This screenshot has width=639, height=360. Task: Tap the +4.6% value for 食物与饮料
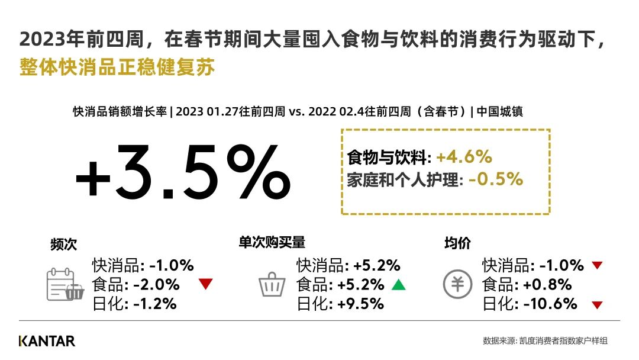click(464, 157)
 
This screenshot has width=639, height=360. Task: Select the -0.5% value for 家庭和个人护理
click(496, 179)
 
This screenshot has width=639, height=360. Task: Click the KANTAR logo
click(47, 341)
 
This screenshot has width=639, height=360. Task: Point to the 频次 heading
click(63, 244)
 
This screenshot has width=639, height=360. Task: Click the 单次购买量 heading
click(272, 243)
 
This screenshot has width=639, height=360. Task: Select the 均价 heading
click(457, 243)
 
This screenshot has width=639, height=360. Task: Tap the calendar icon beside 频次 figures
click(65, 284)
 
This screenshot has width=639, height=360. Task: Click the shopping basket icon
click(272, 284)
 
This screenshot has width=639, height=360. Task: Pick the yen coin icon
click(457, 284)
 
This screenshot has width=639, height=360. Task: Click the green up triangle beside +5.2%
click(399, 284)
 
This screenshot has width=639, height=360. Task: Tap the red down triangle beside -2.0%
click(206, 284)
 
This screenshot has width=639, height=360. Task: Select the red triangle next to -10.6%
click(598, 304)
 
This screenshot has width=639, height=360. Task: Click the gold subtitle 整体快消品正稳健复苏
click(117, 67)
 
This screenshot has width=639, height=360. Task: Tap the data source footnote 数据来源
click(546, 341)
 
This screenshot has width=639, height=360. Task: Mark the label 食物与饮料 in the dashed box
click(389, 157)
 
